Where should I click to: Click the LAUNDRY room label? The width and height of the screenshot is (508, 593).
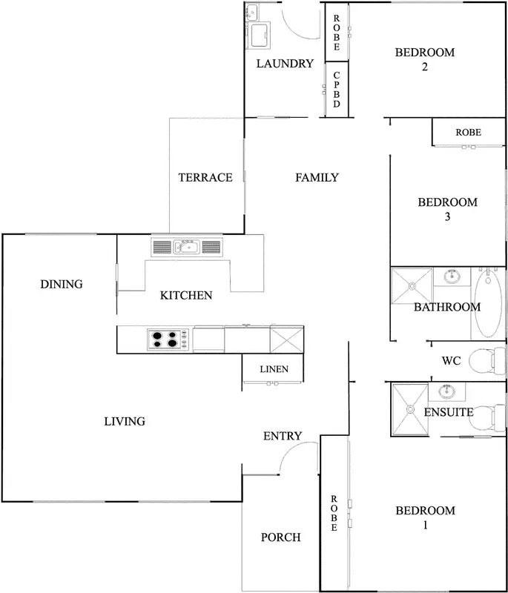click(x=285, y=64)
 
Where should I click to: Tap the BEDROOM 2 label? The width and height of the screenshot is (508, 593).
click(x=424, y=59)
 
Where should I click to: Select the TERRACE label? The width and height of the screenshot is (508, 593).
click(x=205, y=178)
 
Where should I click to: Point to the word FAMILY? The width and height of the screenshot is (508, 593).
click(x=317, y=178)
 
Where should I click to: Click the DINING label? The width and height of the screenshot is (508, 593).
click(x=62, y=285)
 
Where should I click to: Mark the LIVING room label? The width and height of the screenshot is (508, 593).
click(x=124, y=422)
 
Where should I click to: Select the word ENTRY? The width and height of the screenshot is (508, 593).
click(x=283, y=436)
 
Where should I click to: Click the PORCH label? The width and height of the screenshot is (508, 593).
click(x=280, y=537)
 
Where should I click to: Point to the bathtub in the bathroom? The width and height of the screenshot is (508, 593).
click(x=487, y=304)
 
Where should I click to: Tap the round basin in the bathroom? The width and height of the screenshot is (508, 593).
click(x=451, y=277)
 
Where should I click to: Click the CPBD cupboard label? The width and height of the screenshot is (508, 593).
click(x=336, y=90)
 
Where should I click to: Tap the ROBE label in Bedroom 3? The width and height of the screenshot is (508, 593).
click(x=468, y=133)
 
